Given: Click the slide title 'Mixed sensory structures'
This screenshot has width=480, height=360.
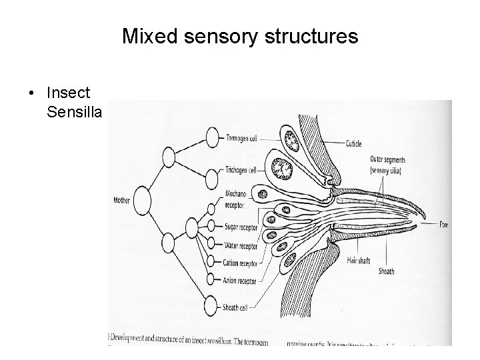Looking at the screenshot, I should click(x=240, y=37).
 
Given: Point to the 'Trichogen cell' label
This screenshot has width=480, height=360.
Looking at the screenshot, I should click(x=241, y=170).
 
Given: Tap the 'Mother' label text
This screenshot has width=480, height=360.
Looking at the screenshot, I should click(x=122, y=199).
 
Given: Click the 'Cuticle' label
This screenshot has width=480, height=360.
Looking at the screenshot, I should click(x=354, y=143).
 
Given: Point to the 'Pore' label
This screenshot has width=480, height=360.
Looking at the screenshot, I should click(x=443, y=225).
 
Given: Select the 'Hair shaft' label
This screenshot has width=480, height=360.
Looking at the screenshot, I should click(x=358, y=260).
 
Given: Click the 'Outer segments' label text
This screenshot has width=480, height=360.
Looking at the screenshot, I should click(x=387, y=159).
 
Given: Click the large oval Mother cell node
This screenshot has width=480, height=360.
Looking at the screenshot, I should click(x=141, y=199).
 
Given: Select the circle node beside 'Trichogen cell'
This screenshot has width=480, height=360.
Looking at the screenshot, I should click(x=211, y=177).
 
